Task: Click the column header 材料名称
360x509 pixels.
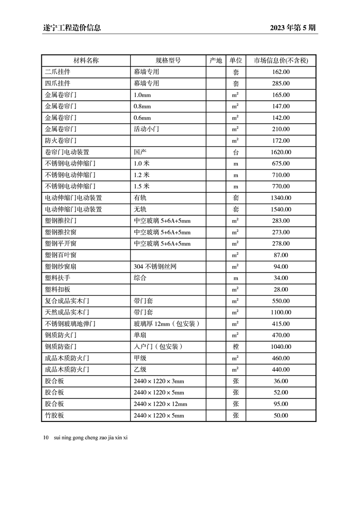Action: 86,60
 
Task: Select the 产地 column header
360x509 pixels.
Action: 216,60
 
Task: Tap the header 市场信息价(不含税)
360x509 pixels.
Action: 281,60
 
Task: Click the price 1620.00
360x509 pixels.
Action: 281,152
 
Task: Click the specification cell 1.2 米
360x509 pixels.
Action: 142,175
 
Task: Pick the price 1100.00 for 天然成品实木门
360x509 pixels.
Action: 281,313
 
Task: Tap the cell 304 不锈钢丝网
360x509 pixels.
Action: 154,267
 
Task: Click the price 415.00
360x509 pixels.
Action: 281,324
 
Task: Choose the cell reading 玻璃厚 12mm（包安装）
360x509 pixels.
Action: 167,324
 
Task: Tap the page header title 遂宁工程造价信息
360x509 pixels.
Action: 69,28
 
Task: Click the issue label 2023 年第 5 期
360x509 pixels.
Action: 292,28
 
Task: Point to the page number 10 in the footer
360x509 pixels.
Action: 46,438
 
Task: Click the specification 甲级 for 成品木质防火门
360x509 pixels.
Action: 140,358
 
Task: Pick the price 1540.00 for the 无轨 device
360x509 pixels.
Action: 281,210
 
